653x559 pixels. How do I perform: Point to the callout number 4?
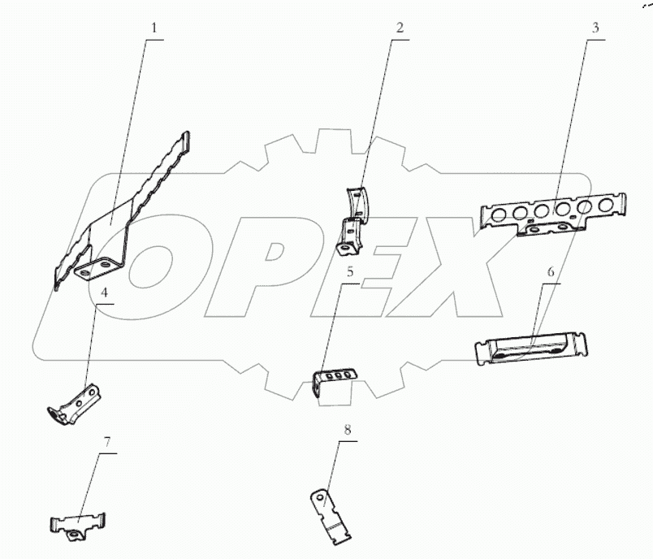point(104,292)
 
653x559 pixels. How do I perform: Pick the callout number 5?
point(350,271)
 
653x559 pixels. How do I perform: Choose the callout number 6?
point(550,271)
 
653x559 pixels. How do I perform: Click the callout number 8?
point(348,429)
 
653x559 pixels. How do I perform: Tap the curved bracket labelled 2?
point(356,218)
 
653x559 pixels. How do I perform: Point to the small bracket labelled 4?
point(77,405)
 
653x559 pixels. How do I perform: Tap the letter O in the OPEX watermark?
point(154,276)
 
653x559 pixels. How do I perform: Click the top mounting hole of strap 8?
point(322,496)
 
